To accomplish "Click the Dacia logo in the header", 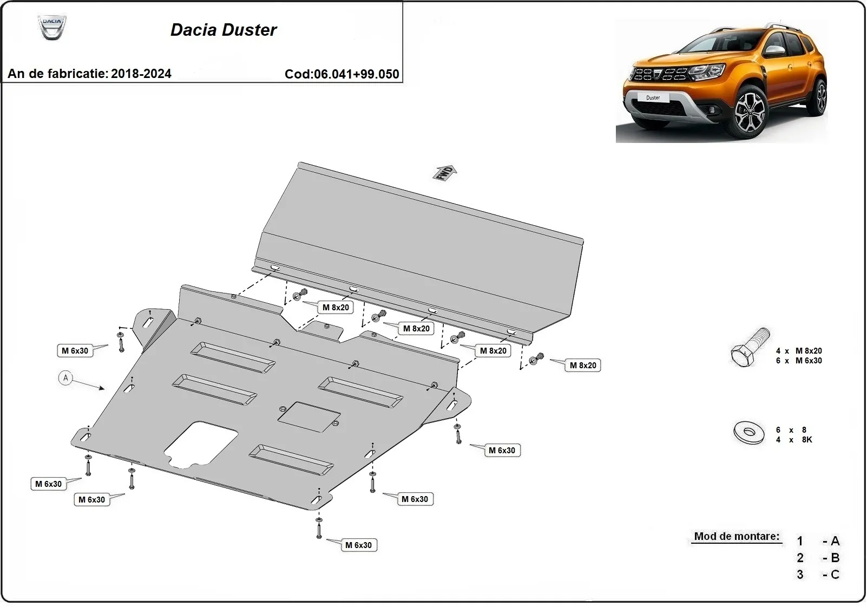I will tap(52, 27).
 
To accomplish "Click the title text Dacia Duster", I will tap(224, 30).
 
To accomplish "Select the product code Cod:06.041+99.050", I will tap(341, 74).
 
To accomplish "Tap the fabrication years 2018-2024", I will tap(141, 74).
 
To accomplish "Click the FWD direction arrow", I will tap(445, 172).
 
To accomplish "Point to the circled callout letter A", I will tap(65, 378).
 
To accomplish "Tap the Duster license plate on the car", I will tap(653, 98).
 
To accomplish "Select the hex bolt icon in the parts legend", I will tap(748, 348).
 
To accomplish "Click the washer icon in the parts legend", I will tap(749, 432).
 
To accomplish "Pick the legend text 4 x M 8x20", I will tap(799, 351).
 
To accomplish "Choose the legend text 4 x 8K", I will tap(794, 440).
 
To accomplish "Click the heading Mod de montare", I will tap(737, 536).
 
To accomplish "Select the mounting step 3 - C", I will tap(818, 575).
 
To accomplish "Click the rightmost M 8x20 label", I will tap(583, 366).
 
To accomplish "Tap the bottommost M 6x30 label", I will tap(358, 545).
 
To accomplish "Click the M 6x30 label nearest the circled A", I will tap(75, 351).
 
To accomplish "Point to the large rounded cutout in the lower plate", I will tap(200, 445).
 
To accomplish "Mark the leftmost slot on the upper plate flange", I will tap(275, 269).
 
